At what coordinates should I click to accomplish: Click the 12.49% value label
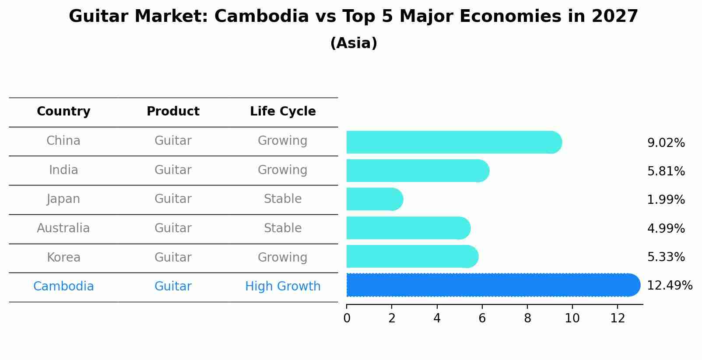click(669, 286)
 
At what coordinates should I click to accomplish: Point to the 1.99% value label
click(666, 200)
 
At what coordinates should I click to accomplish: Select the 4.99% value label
click(666, 228)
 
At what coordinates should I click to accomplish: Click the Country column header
click(63, 112)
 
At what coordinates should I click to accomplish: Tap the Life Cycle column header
click(283, 112)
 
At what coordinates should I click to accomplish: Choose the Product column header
click(173, 112)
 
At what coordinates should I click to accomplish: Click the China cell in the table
click(63, 141)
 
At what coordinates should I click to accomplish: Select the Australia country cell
click(63, 228)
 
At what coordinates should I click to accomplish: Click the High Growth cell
click(283, 287)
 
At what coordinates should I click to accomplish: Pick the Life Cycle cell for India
click(283, 170)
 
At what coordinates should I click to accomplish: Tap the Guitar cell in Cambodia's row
click(173, 287)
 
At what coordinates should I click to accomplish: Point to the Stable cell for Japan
click(283, 199)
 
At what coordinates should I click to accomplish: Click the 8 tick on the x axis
click(527, 318)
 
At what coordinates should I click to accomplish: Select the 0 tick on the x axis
click(347, 318)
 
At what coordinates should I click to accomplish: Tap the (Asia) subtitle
click(354, 43)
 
